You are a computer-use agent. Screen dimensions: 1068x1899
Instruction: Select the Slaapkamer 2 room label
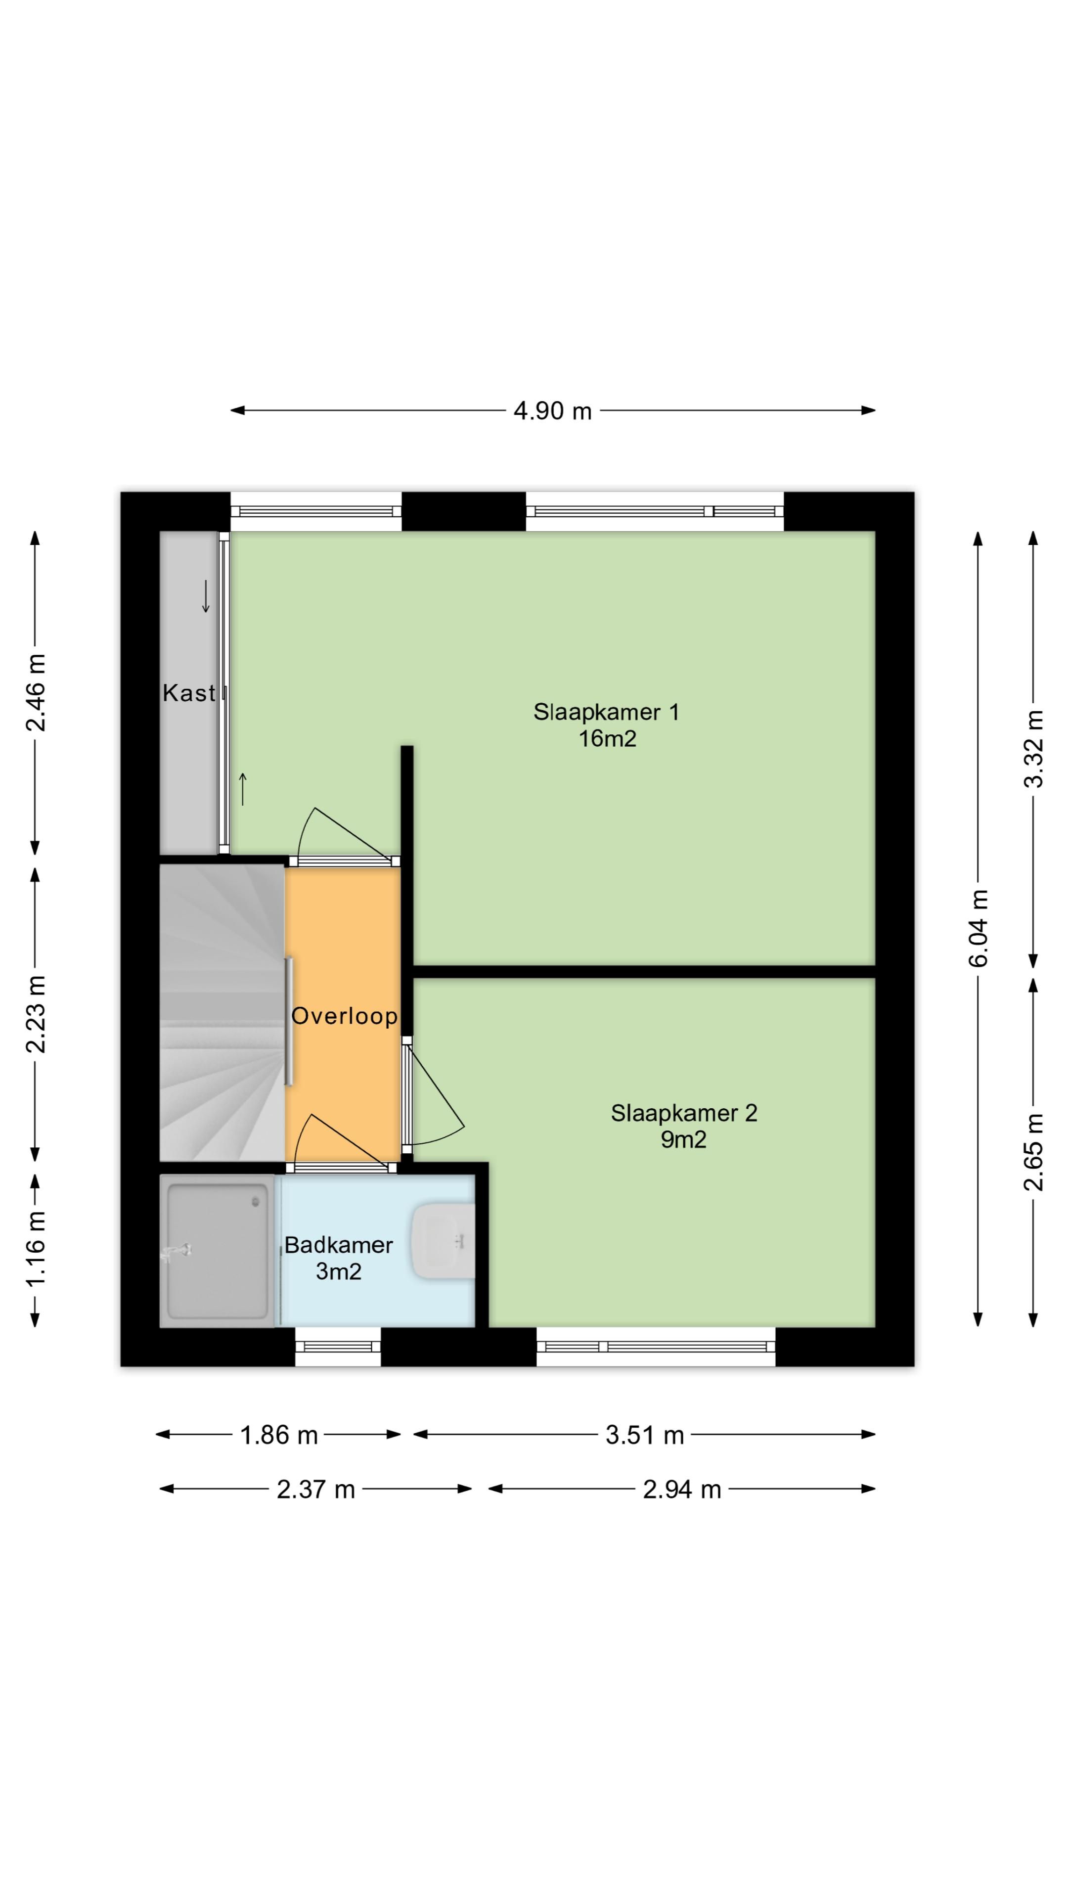(683, 1126)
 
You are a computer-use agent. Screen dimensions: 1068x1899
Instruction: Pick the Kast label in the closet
(189, 693)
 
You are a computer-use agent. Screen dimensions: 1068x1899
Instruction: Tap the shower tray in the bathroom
(218, 1251)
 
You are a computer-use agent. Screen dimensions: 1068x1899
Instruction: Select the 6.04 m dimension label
(978, 928)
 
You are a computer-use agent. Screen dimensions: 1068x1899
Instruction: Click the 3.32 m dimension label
(1033, 749)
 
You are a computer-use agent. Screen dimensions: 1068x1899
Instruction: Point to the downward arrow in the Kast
(206, 596)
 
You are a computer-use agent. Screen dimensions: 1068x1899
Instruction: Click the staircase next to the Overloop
(222, 1013)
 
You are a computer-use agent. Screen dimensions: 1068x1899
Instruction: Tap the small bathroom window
(338, 1346)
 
